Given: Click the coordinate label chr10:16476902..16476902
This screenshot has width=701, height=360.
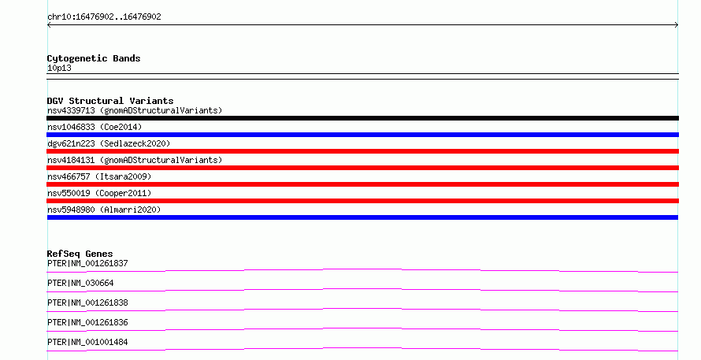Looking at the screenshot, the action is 104,17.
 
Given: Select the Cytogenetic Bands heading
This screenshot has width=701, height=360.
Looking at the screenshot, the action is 94,58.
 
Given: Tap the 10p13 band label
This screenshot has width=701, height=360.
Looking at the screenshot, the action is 59,68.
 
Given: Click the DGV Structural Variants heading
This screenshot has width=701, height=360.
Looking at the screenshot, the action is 110,101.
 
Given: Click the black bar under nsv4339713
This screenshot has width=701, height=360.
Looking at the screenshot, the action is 362,118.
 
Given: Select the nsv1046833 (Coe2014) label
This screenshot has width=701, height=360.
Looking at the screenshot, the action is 95,127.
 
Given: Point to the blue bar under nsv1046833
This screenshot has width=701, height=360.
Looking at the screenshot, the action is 362,135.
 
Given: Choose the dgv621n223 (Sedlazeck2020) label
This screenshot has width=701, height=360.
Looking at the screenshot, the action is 109,143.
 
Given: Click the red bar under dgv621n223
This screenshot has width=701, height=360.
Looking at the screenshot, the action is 362,151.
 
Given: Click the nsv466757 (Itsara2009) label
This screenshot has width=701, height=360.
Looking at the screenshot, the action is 99,176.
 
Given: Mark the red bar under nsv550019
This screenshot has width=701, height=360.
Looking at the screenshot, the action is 362,201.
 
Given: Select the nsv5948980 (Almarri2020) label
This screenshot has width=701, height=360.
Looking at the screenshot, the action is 104,210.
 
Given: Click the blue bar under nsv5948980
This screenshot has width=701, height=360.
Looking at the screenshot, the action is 362,217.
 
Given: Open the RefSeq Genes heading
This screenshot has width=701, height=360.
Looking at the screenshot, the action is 80,254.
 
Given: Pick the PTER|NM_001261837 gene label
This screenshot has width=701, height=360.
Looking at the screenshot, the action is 87,263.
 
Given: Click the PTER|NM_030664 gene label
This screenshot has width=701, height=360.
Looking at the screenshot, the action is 80,283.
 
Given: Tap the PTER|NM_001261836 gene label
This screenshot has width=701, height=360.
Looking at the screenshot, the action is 87,322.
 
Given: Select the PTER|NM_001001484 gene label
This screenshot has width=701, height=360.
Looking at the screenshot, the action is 87,342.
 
